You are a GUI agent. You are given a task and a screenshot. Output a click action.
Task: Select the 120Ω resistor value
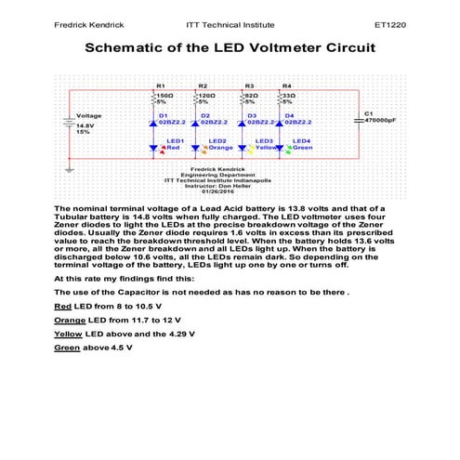click(205, 95)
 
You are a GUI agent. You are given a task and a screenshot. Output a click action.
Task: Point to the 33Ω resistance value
click(289, 95)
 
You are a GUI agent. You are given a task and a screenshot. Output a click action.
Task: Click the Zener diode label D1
click(163, 114)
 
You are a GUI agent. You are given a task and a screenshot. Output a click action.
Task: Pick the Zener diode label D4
click(288, 114)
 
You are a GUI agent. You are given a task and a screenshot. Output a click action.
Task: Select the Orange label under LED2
click(220, 148)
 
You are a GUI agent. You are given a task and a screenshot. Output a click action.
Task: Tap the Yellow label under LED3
click(266, 148)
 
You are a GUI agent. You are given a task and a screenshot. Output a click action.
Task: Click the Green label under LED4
click(303, 148)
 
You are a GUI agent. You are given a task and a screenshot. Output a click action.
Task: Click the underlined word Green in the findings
click(67, 347)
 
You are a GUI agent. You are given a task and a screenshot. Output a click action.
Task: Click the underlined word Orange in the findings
click(69, 319)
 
